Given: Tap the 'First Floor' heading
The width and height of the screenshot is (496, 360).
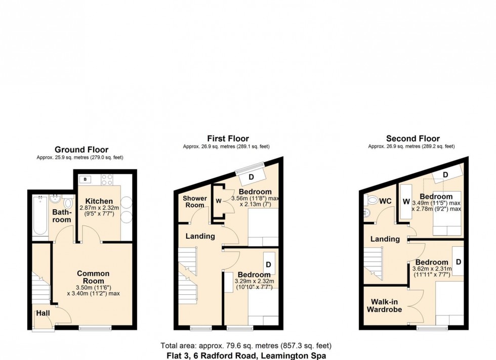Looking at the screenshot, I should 228,139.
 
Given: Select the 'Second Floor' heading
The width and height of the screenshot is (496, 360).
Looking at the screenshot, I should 412,139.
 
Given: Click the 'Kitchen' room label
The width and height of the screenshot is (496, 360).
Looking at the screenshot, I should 99,201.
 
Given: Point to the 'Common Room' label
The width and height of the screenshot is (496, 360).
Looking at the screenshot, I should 94,277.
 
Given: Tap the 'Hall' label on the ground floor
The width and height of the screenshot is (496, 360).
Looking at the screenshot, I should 43,313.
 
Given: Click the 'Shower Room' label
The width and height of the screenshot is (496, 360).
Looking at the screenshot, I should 194,201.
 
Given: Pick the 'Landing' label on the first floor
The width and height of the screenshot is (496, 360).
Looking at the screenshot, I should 200,236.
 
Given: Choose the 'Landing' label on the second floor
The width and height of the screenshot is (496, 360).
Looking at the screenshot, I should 385,239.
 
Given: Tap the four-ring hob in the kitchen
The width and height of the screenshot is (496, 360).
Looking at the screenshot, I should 107,179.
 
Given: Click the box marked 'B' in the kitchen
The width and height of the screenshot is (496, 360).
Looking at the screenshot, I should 85,179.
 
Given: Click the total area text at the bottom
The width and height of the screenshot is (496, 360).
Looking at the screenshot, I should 245,346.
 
